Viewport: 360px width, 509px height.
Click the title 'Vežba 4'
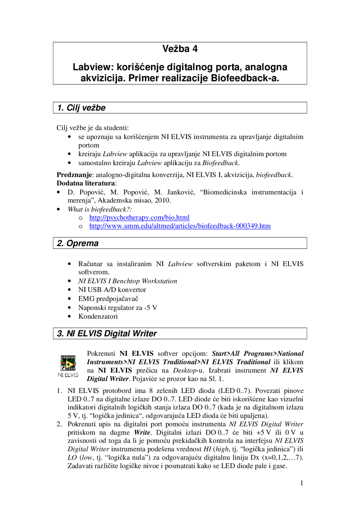(x=180, y=49)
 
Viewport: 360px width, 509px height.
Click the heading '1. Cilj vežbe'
(x=81, y=108)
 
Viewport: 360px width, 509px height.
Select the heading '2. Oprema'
(x=78, y=243)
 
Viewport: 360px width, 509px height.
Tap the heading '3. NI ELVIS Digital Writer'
(x=107, y=334)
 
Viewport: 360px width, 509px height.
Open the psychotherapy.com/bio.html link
(x=139, y=218)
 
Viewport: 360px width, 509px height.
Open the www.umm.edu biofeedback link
(x=180, y=226)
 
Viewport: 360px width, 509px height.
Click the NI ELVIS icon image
(x=68, y=363)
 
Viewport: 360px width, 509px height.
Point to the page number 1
(x=301, y=483)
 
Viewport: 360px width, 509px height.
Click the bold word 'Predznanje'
(x=74, y=175)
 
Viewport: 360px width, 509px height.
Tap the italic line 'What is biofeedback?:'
(x=100, y=209)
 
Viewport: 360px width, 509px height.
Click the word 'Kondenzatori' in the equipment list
(x=98, y=316)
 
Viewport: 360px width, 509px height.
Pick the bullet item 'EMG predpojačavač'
(x=108, y=299)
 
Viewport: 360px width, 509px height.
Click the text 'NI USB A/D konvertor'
(x=112, y=290)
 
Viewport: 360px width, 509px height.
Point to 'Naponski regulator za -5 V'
(x=118, y=308)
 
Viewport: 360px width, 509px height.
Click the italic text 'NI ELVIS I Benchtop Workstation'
(x=128, y=281)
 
